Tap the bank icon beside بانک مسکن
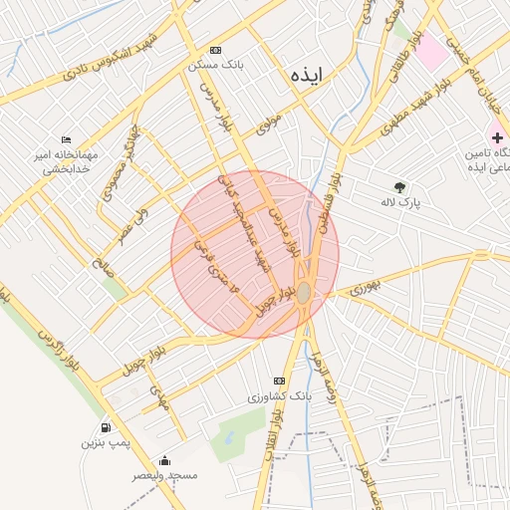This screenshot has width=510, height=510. click(x=216, y=51)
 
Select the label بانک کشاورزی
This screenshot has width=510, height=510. click(x=280, y=396)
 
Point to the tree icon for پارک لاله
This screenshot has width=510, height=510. click(x=400, y=186)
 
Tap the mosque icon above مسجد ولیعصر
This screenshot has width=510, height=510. click(x=165, y=460)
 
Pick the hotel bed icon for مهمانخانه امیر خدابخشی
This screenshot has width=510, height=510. click(x=66, y=139)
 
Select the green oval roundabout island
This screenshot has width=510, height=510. click(x=304, y=293)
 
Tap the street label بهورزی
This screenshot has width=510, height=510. click(x=365, y=290)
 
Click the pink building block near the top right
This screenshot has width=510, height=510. click(x=431, y=52)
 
